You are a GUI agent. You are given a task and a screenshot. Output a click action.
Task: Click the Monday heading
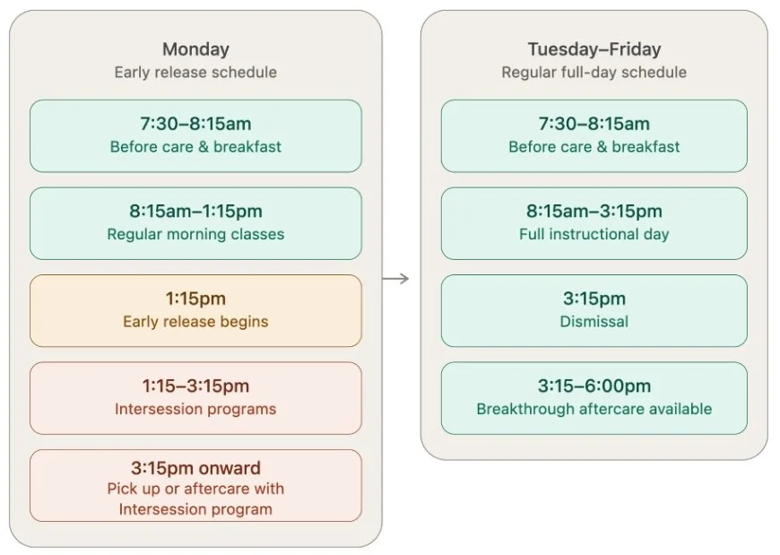195,49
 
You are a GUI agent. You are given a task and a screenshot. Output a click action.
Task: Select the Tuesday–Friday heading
594,49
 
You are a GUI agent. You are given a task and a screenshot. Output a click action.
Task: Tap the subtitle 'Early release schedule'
195,72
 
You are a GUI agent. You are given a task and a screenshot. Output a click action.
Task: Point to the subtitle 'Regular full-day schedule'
594,72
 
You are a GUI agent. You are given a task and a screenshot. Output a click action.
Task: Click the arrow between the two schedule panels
395,279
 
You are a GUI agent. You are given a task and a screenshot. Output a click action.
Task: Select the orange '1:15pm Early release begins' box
195,310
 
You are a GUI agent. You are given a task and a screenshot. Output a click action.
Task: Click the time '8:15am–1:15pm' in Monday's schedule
195,211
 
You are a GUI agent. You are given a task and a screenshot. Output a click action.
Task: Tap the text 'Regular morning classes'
195,234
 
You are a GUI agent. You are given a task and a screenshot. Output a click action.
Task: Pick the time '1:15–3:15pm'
195,386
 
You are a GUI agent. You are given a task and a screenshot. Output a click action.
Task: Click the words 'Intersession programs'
195,409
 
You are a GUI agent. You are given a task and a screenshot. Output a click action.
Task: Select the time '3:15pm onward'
195,468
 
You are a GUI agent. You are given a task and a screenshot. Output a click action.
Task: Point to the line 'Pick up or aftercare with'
195,489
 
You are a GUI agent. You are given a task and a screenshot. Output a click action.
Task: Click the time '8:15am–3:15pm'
594,211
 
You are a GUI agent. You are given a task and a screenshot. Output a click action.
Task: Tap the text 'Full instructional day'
594,234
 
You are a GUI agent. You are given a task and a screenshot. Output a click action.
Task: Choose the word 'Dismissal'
594,321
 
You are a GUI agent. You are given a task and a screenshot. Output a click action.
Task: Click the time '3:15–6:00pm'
594,386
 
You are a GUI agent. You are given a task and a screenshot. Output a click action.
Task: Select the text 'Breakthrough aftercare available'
594,409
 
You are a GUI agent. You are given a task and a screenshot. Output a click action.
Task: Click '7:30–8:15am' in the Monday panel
195,124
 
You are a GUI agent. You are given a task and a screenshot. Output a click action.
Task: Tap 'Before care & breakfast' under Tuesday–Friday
594,147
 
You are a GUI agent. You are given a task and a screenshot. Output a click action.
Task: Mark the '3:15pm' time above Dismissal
594,299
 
